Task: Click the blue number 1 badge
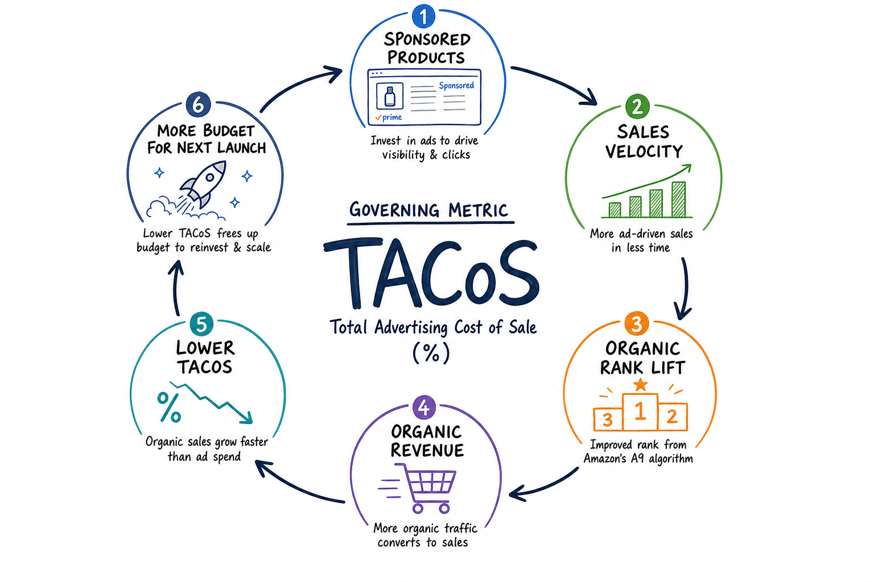423,16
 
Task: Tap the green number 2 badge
637,106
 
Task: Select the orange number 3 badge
636,323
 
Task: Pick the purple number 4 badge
424,408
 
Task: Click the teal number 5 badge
201,324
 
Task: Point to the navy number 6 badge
198,105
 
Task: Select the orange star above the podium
640,385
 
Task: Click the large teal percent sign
169,407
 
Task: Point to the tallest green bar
679,199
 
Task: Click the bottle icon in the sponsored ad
390,96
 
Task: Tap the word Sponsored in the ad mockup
456,85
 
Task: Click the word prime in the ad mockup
391,117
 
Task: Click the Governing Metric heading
429,210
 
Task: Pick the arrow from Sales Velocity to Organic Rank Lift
685,289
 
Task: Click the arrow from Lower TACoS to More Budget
175,289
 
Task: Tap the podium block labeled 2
672,417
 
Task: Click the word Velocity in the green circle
644,151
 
